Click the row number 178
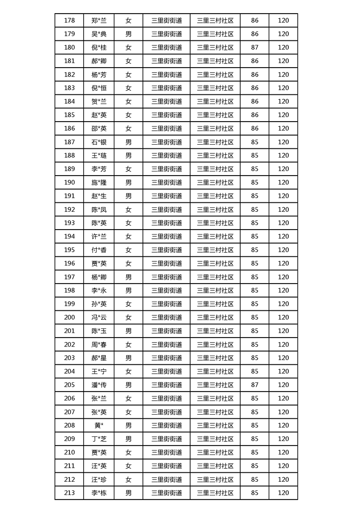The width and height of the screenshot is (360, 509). pos(69,20)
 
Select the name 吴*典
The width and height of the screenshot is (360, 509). pos(99,34)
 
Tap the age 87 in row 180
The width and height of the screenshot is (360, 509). pos(254,48)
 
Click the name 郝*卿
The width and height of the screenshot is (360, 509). pos(99,61)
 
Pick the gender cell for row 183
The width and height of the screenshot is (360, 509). pos(128,88)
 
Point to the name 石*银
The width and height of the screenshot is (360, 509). pos(99,142)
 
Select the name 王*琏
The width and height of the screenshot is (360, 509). pos(99,156)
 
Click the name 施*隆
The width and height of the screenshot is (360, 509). pos(99,182)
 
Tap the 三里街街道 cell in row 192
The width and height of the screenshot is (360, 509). pos(167,210)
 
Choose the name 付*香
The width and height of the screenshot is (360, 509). pos(99,250)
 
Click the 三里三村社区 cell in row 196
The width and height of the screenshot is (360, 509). pos(215,264)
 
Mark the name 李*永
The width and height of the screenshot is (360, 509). pos(99,290)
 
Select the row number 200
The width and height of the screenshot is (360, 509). pos(69,318)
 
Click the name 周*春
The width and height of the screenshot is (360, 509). pos(99,344)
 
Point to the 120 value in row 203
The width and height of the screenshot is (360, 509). pos(283,358)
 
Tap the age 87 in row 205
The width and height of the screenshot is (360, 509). pos(254,385)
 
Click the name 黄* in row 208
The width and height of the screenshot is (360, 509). pos(99,426)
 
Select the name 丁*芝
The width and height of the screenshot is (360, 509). pos(99,439)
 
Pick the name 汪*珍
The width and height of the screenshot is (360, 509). pos(99,480)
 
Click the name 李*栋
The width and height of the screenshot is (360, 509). pos(99,493)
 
